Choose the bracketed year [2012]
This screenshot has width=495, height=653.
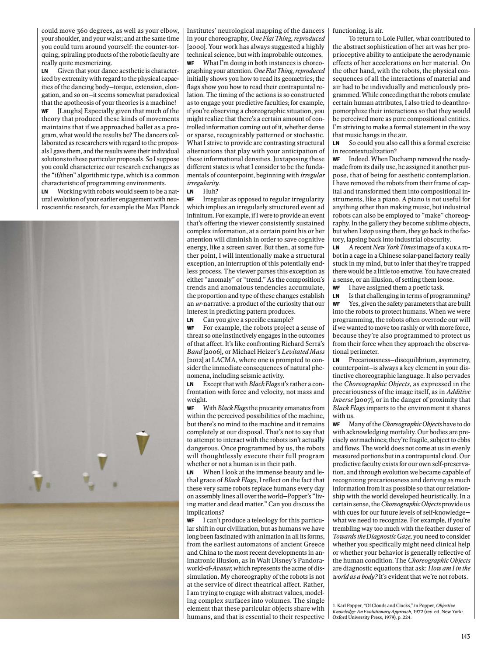tap(196, 359)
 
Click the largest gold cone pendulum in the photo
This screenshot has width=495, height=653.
tap(141, 442)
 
